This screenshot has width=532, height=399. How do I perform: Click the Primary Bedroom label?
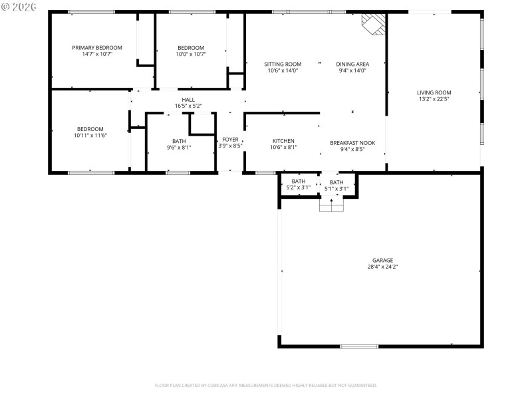pos(97,48)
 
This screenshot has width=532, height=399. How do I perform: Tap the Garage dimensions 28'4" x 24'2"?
pos(382,267)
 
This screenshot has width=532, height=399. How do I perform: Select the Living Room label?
pos(434,93)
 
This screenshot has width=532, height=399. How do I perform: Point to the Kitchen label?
pos(283,141)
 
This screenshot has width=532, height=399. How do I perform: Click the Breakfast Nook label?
pos(352,142)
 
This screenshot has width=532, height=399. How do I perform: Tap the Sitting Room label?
pos(283,65)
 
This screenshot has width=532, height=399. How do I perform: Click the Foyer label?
pos(230,140)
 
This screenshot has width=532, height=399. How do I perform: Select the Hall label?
pos(188,99)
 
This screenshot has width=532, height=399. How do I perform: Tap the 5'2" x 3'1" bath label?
pos(298,182)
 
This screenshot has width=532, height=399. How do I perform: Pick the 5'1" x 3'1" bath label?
pos(336,183)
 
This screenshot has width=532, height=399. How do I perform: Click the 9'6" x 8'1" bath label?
pos(179,141)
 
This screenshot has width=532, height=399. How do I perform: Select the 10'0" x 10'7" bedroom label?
pos(191,48)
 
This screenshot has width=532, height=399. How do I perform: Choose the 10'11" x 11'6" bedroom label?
pos(90,129)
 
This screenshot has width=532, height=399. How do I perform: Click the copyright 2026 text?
pos(18,7)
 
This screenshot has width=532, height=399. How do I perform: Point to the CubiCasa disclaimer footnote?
pos(266,385)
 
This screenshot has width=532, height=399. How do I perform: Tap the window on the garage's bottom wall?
pos(358,346)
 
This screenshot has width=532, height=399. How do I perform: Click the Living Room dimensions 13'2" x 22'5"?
pos(434,100)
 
